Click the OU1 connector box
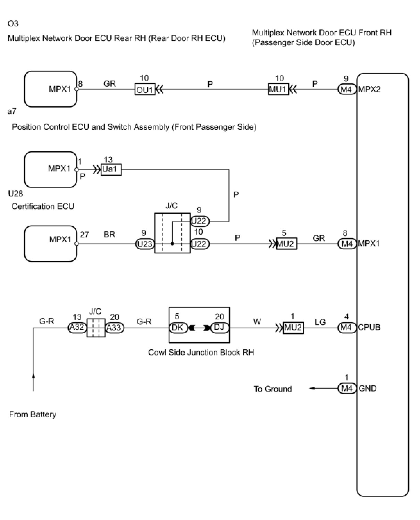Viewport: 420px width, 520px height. (145, 90)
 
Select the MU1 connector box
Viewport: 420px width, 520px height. (278, 90)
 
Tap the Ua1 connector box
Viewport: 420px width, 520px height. (111, 170)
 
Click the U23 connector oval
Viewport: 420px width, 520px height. (145, 244)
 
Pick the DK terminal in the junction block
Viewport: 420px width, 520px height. (178, 327)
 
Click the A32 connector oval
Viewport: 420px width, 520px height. (77, 327)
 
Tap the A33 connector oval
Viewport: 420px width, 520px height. (115, 327)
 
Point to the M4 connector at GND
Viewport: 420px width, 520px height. (347, 388)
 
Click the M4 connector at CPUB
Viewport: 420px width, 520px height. (347, 327)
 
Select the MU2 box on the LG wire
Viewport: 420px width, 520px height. (293, 327)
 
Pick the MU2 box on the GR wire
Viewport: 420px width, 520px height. (286, 244)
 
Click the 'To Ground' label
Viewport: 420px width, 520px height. (272, 389)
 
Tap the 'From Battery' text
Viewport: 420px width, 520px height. (33, 414)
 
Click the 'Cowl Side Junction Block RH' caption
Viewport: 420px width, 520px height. (201, 352)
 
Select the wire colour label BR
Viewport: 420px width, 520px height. (109, 234)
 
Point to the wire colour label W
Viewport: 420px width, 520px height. (257, 321)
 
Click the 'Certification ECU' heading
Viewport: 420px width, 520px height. (43, 206)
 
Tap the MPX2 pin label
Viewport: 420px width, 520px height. (369, 90)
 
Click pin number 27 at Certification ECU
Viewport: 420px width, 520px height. (84, 235)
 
